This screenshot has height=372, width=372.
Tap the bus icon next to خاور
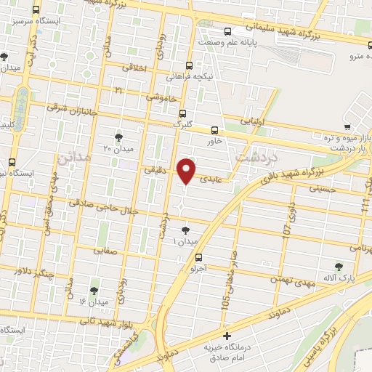coord(214,130)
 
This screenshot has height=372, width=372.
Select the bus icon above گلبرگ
coord(182,113)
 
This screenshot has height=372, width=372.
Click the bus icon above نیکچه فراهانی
coord(189,64)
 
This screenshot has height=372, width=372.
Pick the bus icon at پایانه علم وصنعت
coord(228,31)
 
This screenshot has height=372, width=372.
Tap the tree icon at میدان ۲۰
coord(119,136)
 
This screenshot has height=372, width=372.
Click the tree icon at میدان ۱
coord(185,230)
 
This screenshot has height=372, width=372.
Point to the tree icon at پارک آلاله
coord(338,267)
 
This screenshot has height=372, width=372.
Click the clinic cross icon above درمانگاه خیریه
coord(227,336)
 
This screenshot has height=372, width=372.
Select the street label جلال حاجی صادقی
coord(116,205)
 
